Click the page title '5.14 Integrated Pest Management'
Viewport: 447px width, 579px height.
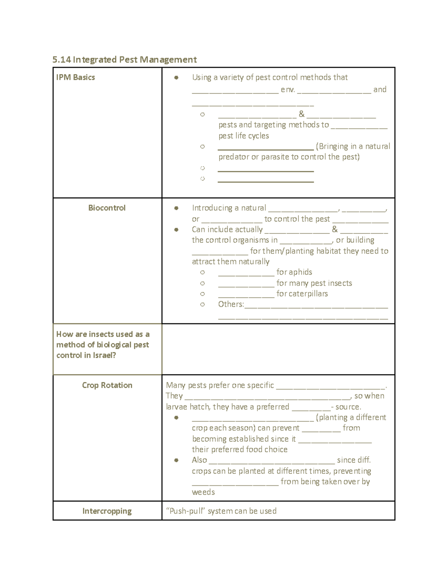tap(124, 60)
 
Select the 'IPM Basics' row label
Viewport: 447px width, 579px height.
tap(76, 78)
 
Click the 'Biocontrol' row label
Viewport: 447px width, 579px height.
tap(107, 208)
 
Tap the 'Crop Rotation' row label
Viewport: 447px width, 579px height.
tap(107, 386)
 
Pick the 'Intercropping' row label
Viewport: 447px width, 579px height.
tap(107, 511)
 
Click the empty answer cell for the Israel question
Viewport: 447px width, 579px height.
tap(278, 349)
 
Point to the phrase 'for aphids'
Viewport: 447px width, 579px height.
tap(294, 272)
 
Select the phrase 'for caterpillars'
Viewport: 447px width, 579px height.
tap(302, 294)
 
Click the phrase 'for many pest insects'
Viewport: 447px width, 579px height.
tap(314, 283)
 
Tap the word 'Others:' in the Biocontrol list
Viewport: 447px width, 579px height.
tap(231, 304)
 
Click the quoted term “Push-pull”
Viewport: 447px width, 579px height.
tap(186, 511)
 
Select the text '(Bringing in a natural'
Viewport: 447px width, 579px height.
tap(353, 147)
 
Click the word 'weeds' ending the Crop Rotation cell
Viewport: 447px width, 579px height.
tap(203, 492)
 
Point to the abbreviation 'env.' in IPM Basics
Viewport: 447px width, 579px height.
tap(288, 89)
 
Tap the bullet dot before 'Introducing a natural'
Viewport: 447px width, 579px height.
tap(176, 208)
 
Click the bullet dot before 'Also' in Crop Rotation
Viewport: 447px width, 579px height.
tap(176, 460)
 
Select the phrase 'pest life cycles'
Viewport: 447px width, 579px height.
tap(244, 136)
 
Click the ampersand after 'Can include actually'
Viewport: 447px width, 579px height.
tap(335, 230)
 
